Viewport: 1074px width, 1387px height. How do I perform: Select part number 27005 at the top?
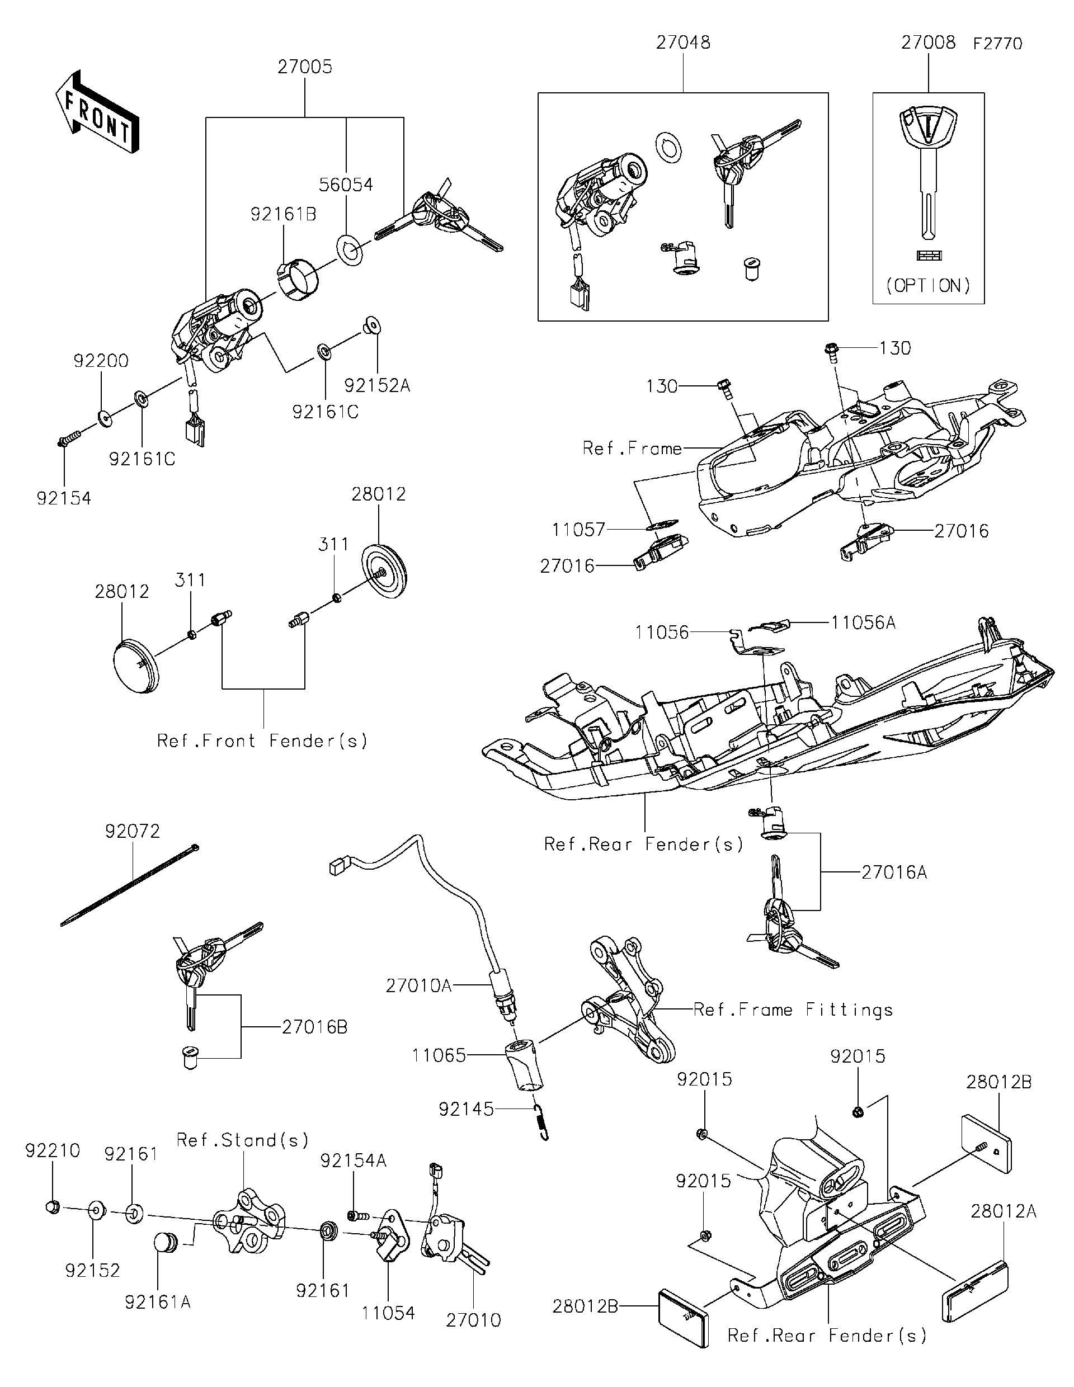[305, 67]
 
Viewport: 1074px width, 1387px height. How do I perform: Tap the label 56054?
[346, 185]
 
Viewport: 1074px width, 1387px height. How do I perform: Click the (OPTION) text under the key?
[928, 286]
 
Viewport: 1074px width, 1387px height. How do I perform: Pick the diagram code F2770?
[997, 44]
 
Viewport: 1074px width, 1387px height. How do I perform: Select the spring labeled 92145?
[541, 1123]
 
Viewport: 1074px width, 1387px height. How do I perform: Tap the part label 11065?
[439, 1055]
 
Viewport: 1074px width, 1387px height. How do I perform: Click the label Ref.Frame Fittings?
[793, 1009]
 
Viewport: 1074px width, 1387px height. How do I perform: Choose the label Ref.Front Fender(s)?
[262, 740]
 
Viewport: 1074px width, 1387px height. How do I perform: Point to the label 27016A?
[894, 872]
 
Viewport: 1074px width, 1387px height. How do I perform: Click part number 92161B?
[283, 215]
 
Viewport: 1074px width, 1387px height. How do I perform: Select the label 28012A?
[1003, 1212]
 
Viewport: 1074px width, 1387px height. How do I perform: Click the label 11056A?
[863, 623]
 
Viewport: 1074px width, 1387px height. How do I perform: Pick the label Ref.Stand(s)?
[243, 1140]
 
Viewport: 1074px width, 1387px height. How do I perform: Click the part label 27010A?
[418, 985]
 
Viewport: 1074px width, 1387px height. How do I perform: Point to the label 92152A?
[377, 385]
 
